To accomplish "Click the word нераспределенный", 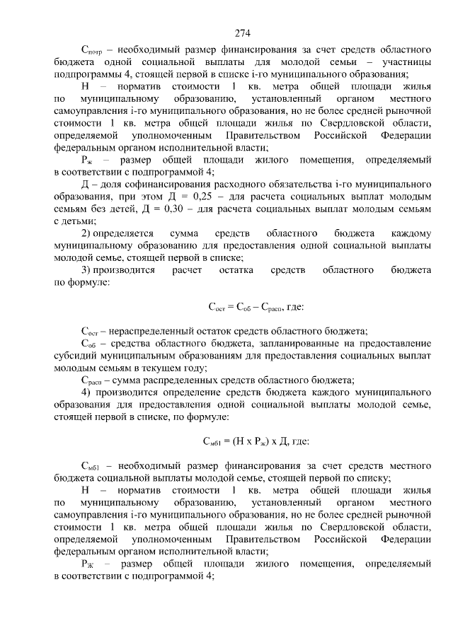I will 153,331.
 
